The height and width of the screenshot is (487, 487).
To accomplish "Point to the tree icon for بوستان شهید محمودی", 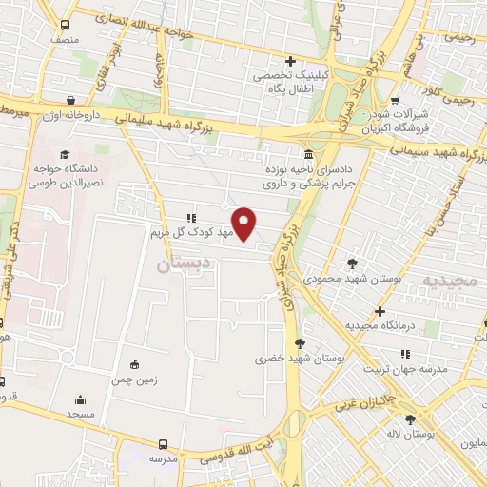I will point(354,263).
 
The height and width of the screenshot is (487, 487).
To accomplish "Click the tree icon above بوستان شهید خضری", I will point(301,342).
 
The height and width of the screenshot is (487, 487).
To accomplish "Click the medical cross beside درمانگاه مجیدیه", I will point(380,311).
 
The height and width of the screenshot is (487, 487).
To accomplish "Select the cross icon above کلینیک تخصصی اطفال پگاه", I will point(290,63).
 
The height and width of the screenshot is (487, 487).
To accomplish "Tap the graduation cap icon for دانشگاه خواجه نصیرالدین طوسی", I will point(64,155).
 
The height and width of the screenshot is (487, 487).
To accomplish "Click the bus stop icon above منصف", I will point(64,26).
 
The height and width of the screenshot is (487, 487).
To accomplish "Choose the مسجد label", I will point(81,416).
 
